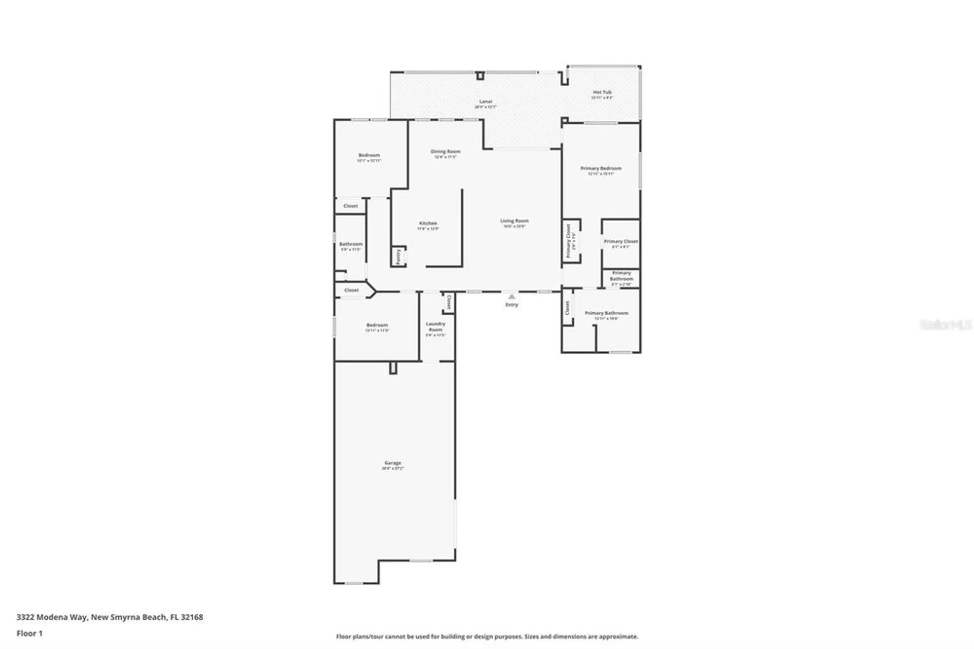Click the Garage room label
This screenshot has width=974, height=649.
[393, 463]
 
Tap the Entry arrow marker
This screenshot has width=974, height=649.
[511, 296]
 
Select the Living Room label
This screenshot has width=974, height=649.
[514, 221]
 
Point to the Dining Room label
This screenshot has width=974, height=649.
[445, 152]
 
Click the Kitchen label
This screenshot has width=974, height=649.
[428, 223]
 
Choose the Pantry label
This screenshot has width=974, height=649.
[398, 256]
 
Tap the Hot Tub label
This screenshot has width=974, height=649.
[602, 92]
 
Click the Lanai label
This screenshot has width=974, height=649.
[486, 102]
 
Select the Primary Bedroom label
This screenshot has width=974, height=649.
[600, 169]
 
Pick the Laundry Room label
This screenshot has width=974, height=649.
[435, 326]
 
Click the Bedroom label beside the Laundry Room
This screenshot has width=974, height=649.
[377, 325]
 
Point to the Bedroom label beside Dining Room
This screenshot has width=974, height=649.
[369, 155]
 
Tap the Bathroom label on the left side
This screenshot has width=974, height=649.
[351, 244]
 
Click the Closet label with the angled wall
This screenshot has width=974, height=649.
[351, 290]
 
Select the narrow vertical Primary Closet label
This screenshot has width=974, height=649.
[568, 241]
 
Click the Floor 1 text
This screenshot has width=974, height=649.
[30, 633]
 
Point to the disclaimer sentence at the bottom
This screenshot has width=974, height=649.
[487, 636]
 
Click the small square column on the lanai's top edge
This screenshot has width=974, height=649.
[480, 76]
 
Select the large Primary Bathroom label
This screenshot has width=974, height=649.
[606, 313]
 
